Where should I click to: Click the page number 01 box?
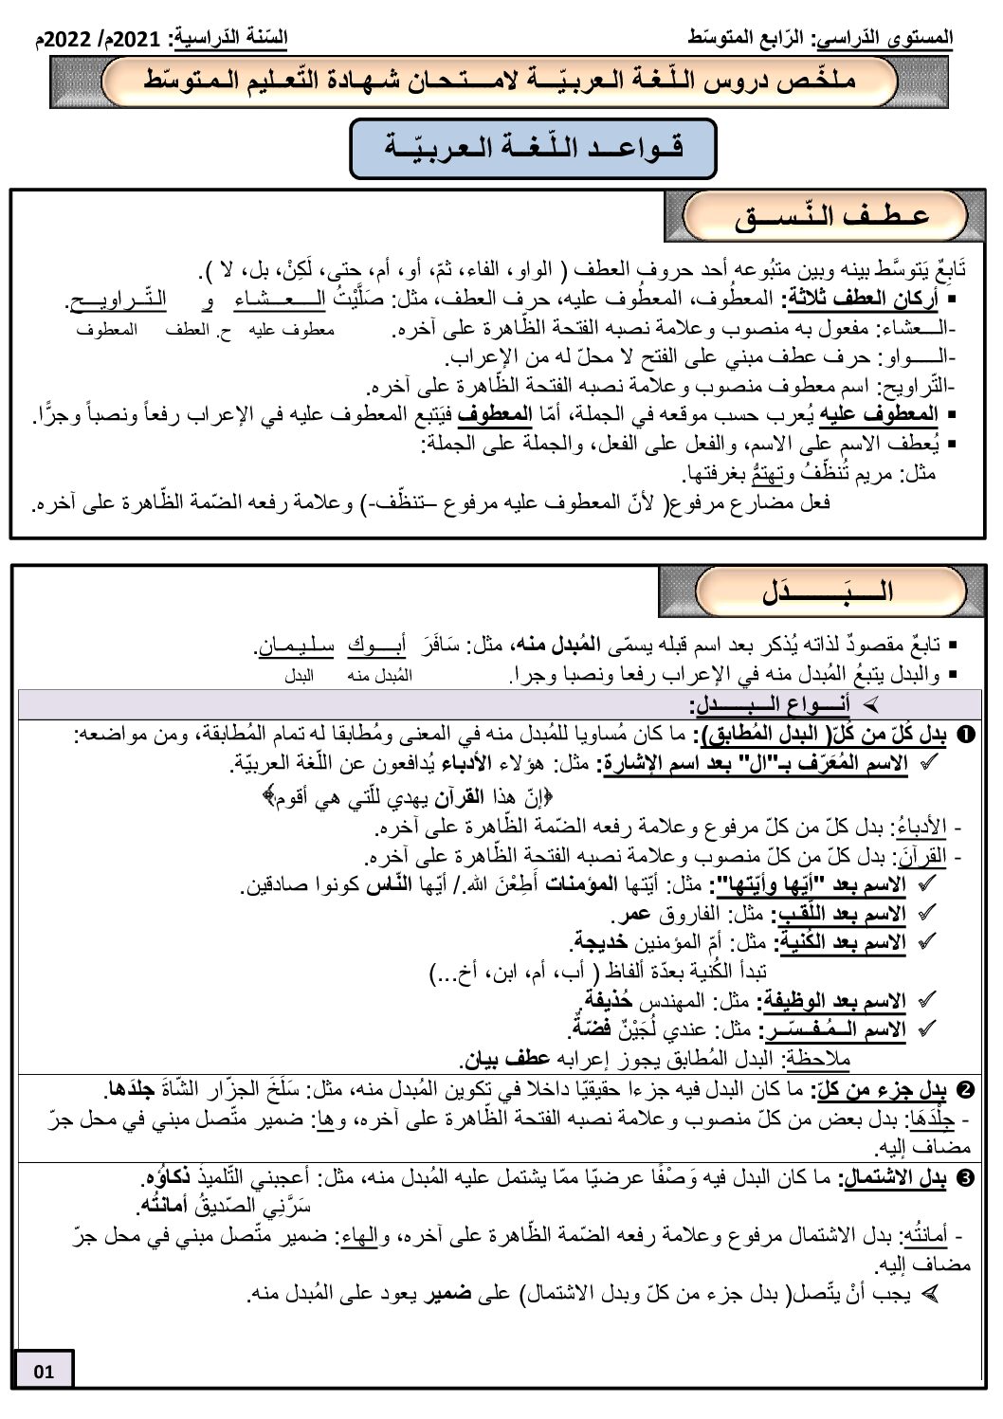point(44,1371)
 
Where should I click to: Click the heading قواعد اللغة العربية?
point(534,149)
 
